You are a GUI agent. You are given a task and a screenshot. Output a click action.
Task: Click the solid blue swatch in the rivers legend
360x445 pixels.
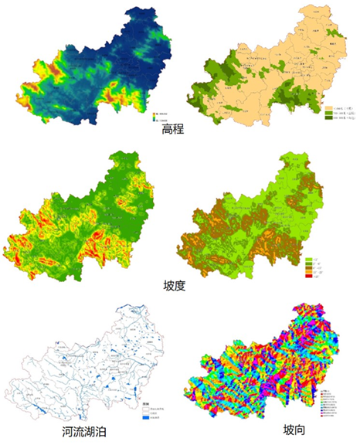pos(145,418)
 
